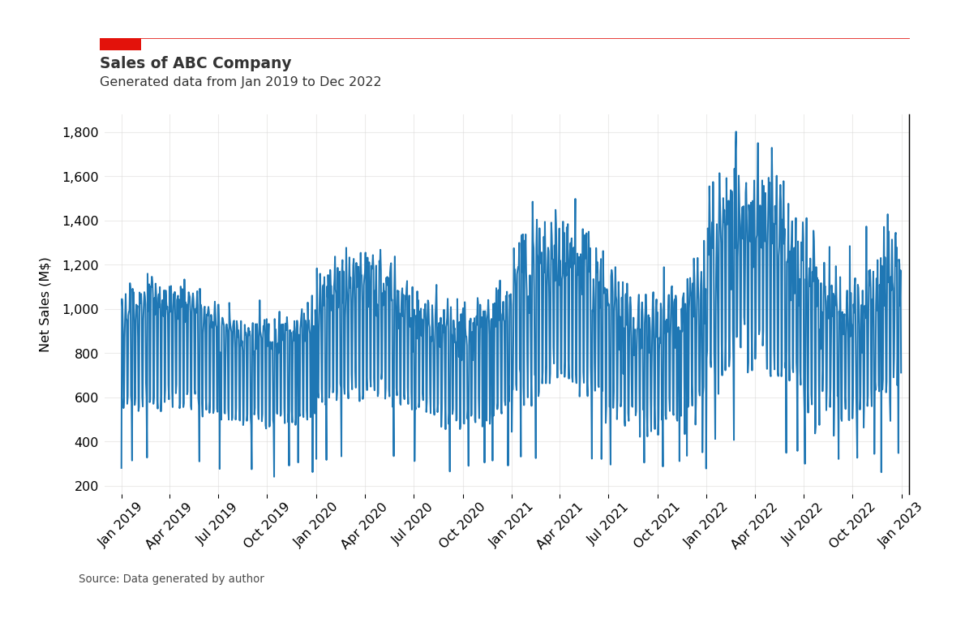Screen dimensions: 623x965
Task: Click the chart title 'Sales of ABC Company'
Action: coord(195,63)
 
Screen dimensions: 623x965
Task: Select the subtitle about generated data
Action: coord(240,82)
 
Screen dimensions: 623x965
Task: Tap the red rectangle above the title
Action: coord(120,45)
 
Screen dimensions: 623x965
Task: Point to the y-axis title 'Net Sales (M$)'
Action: coord(45,304)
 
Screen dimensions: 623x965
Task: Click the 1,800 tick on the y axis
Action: coord(80,133)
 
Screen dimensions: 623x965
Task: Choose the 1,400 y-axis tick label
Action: coord(80,221)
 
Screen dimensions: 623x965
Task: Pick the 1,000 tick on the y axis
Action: coord(80,310)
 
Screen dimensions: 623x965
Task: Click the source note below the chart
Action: coord(171,579)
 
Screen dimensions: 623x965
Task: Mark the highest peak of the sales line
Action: coord(736,132)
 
